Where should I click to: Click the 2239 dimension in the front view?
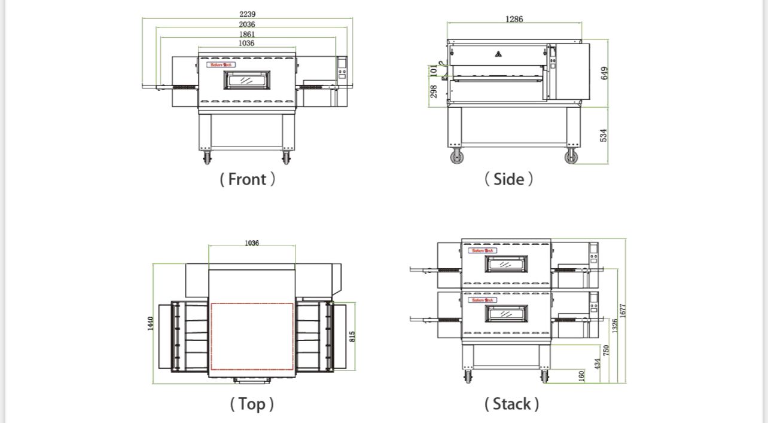(x=246, y=14)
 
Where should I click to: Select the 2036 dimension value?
(x=246, y=24)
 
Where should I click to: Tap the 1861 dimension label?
(x=246, y=34)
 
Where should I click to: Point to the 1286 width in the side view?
(x=514, y=19)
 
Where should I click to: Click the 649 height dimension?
(x=604, y=73)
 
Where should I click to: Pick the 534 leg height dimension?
(x=604, y=135)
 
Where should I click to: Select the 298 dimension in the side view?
(x=434, y=91)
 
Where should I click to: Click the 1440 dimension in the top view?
(x=151, y=323)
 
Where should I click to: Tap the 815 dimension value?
(x=352, y=337)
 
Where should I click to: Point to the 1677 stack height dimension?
(x=623, y=310)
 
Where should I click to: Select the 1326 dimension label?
(x=615, y=326)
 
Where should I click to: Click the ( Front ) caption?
(x=248, y=179)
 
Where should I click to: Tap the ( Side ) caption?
(x=508, y=179)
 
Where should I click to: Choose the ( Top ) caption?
(x=252, y=404)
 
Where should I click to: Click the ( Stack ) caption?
(x=511, y=404)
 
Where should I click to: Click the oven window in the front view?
(x=246, y=79)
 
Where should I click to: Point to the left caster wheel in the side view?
(x=457, y=157)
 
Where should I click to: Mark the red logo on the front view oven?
(x=221, y=65)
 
